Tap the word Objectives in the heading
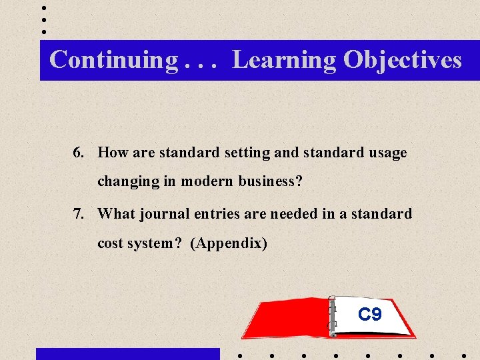[x=402, y=59]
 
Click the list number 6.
[x=79, y=153]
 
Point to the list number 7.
[x=79, y=214]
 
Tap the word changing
[x=125, y=181]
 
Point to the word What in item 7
[x=116, y=214]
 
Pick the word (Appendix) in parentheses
[x=229, y=243]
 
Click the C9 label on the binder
[x=369, y=314]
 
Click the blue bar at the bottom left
[x=127, y=354]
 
